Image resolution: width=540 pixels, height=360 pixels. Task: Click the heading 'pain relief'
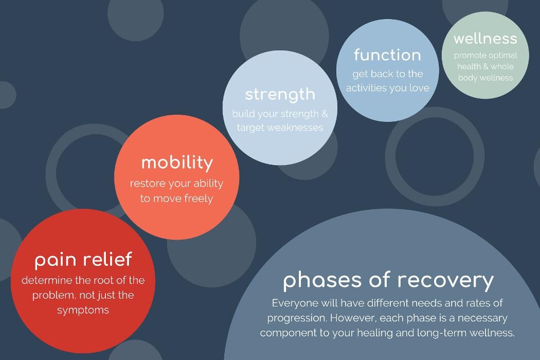click(x=83, y=259)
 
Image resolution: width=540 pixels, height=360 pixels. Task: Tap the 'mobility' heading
click(x=176, y=163)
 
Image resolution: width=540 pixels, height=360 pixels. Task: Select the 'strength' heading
click(x=280, y=94)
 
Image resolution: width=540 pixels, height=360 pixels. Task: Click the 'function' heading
click(x=387, y=55)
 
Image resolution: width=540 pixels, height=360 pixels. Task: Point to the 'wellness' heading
click(x=485, y=39)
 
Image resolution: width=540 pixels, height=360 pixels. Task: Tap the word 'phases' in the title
click(x=321, y=281)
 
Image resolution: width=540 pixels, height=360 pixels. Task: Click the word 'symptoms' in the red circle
click(x=83, y=310)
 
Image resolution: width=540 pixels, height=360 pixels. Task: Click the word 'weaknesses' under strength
click(x=295, y=127)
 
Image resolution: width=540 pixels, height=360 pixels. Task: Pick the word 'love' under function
click(x=419, y=88)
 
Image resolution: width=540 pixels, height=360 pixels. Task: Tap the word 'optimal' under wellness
click(x=501, y=56)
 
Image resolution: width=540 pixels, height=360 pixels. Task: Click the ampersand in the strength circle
click(x=325, y=113)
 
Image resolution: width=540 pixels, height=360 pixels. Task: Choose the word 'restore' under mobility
click(x=147, y=183)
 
